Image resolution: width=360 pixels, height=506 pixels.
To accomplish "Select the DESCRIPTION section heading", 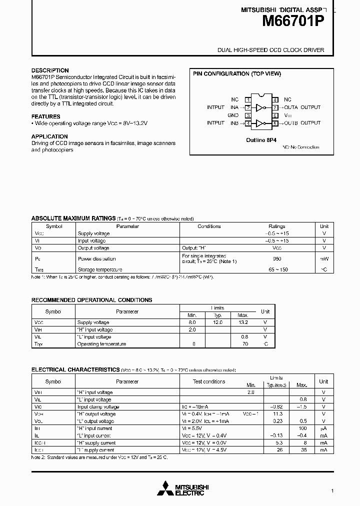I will point(50,70).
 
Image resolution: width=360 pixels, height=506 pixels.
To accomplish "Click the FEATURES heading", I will point(45,116).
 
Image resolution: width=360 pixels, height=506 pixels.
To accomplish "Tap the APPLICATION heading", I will point(49,136).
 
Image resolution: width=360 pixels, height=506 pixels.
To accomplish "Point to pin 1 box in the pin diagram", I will point(247,100).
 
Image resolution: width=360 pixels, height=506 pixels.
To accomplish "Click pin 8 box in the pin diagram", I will point(275,100).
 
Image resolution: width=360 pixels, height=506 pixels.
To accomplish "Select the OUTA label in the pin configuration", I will point(290,107).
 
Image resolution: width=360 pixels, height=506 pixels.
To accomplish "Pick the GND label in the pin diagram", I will point(233,115).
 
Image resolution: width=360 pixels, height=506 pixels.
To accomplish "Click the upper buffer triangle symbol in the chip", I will point(259,107).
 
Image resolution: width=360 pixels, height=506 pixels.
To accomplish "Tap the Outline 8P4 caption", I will point(262,140).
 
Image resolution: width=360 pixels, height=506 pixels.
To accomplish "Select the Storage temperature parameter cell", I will point(100,270).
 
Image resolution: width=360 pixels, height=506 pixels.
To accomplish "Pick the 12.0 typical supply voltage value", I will point(218,322).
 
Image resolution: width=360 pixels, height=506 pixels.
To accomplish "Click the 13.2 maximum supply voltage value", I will point(242,322).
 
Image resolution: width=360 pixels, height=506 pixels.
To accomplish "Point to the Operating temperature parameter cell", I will point(101,344).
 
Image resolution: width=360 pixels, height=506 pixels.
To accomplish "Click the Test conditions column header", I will point(209,381).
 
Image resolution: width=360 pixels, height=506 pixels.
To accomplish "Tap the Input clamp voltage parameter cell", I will point(98,407).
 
